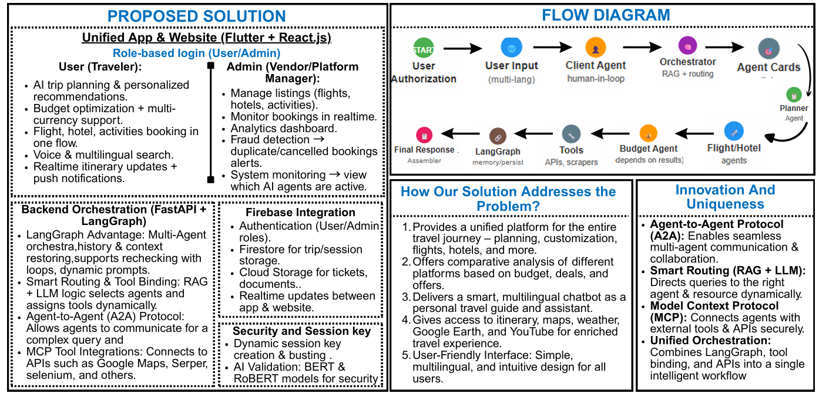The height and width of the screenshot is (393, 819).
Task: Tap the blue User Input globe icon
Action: pyautogui.click(x=511, y=47)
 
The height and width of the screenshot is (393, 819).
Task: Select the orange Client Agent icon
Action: pyautogui.click(x=596, y=48)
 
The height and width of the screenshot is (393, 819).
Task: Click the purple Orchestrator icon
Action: pyautogui.click(x=687, y=45)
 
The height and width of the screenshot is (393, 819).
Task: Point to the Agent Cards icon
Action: pyautogui.click(x=768, y=49)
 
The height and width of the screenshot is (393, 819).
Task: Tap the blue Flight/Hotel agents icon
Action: pyautogui.click(x=734, y=130)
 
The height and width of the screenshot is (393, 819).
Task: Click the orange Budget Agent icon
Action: pyautogui.click(x=648, y=133)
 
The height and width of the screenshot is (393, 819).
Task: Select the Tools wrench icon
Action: pyautogui.click(x=571, y=134)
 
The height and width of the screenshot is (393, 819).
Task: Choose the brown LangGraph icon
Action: pyautogui.click(x=498, y=136)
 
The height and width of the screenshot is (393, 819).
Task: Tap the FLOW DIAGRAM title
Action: pyautogui.click(x=606, y=15)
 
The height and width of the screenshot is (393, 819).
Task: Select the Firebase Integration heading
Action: pyautogui.click(x=300, y=212)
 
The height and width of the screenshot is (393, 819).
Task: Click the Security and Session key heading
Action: pyautogui.click(x=301, y=331)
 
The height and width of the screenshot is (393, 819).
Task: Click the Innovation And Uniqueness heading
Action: pyautogui.click(x=725, y=197)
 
